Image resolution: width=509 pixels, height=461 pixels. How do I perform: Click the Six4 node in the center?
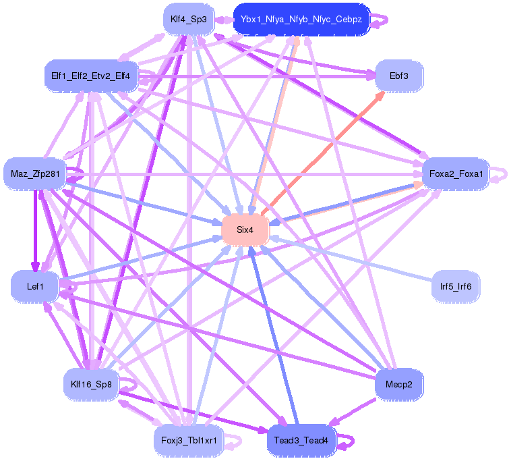point(245,230)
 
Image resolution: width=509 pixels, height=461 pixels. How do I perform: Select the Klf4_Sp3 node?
point(188,20)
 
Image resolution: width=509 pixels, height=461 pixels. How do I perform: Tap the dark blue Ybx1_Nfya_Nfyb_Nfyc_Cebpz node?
point(301,20)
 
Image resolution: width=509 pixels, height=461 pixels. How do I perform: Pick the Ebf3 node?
point(399,76)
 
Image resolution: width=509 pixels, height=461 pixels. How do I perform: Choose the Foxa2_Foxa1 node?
point(456,174)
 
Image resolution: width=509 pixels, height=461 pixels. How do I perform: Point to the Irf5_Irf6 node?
point(456,287)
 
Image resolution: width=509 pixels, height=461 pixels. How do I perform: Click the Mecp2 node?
point(399,384)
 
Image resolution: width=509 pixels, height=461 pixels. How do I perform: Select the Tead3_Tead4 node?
point(301,441)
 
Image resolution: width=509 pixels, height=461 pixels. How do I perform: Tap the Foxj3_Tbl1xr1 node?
point(188,441)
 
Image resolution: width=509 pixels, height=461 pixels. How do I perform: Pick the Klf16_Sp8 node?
point(91,384)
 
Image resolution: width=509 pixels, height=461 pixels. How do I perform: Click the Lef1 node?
point(35,287)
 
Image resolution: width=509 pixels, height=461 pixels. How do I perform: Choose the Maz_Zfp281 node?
point(35,174)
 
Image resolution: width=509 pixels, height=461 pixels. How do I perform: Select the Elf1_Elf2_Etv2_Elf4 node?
point(91,76)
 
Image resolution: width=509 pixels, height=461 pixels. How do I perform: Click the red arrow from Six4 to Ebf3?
point(324,152)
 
